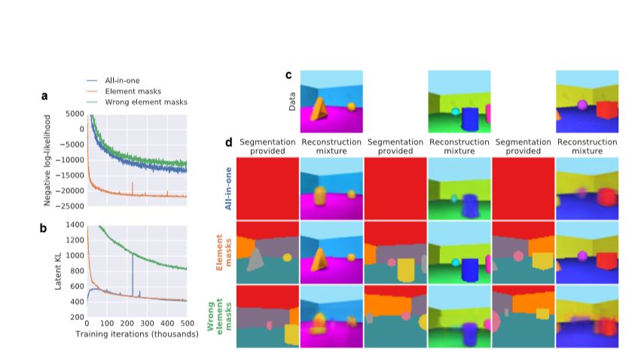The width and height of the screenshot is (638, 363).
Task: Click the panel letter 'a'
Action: click(44, 96)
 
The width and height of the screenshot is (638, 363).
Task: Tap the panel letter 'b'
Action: click(44, 227)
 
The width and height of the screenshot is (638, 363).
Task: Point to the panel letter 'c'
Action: click(289, 75)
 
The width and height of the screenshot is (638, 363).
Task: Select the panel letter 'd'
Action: click(229, 142)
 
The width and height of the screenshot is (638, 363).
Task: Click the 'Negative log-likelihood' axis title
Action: click(48, 160)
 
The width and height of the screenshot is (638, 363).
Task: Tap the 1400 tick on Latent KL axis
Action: click(74, 224)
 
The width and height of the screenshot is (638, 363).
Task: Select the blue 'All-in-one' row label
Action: click(229, 189)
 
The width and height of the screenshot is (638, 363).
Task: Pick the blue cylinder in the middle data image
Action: click(469, 118)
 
